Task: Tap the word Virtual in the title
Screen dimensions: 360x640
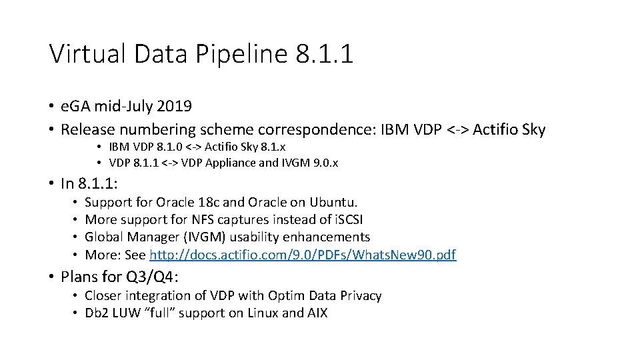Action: click(x=87, y=53)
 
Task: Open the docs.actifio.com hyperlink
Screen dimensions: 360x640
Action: click(x=303, y=254)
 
